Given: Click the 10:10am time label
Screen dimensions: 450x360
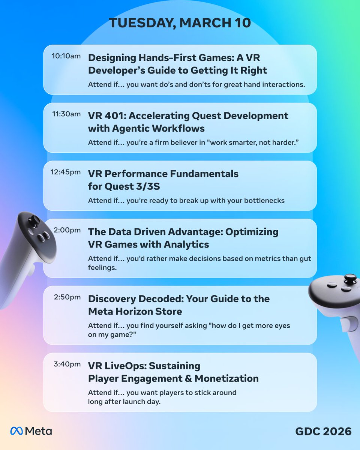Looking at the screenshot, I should [x=66, y=56].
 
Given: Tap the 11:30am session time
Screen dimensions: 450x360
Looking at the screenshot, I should [x=66, y=114].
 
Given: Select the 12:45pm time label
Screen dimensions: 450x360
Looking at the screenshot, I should [x=66, y=172].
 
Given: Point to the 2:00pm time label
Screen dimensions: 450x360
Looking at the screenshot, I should [x=67, y=230].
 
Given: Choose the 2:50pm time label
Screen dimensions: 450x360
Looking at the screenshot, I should [x=67, y=297].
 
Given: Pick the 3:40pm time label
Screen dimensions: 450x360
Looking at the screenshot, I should [x=67, y=364].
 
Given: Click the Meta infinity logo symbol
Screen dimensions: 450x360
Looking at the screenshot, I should [x=17, y=431].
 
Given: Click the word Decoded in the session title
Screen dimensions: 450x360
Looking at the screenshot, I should [x=165, y=299].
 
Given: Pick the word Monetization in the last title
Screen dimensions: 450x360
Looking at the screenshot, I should [x=226, y=378].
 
